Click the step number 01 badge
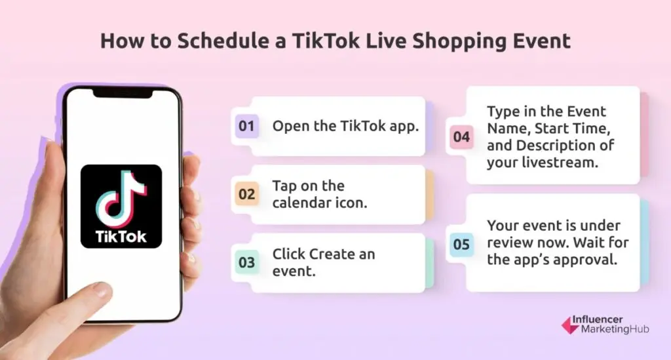tap(246, 126)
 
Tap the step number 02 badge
tap(246, 194)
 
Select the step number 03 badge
tap(246, 263)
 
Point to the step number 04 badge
tap(461, 137)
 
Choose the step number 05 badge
tap(461, 244)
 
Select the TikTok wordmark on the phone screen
tap(121, 235)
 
